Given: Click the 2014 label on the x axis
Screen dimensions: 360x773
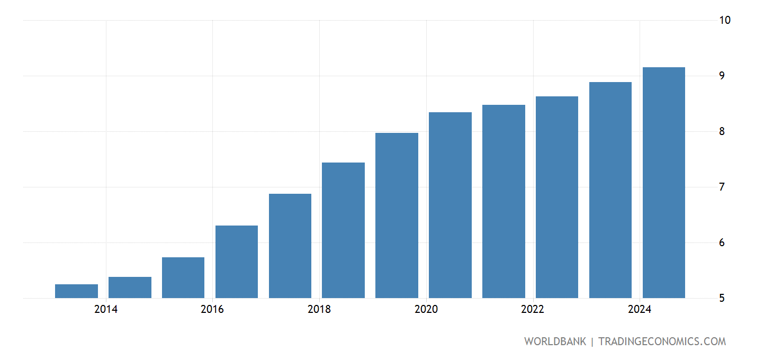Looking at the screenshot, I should pyautogui.click(x=106, y=310).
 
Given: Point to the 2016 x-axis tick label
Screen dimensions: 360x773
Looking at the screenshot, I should pyautogui.click(x=212, y=310).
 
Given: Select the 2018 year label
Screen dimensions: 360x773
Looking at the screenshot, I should pyautogui.click(x=319, y=310).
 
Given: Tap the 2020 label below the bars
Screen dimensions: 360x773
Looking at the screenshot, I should pyautogui.click(x=426, y=310).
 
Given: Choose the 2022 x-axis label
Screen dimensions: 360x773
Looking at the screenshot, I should pyautogui.click(x=533, y=310).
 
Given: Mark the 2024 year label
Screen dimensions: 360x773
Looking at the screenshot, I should pyautogui.click(x=640, y=310).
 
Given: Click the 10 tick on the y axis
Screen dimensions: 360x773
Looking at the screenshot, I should pyautogui.click(x=725, y=20).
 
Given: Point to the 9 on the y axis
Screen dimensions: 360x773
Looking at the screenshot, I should pyautogui.click(x=722, y=76).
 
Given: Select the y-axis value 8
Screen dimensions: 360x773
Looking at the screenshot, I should pyautogui.click(x=722, y=131).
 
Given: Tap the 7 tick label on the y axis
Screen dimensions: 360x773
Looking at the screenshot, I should pyautogui.click(x=722, y=187).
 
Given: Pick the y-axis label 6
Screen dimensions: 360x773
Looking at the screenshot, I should pyautogui.click(x=722, y=243).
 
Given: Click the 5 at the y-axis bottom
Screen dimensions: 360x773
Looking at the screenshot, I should pyautogui.click(x=722, y=298).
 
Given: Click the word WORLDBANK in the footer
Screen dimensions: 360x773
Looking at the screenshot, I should pyautogui.click(x=555, y=341).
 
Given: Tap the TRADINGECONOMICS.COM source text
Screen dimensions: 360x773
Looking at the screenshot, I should pyautogui.click(x=662, y=341).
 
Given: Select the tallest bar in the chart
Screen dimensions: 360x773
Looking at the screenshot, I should pyautogui.click(x=663, y=183).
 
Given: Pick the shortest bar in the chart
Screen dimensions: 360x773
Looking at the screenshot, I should pyautogui.click(x=76, y=291).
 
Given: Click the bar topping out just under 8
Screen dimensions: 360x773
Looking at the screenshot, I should pyautogui.click(x=397, y=215).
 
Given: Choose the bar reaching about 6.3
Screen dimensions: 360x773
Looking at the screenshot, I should pyautogui.click(x=237, y=262).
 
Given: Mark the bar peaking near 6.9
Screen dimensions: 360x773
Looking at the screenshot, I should pyautogui.click(x=290, y=246).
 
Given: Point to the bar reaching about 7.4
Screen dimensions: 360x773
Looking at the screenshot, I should pyautogui.click(x=343, y=230).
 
